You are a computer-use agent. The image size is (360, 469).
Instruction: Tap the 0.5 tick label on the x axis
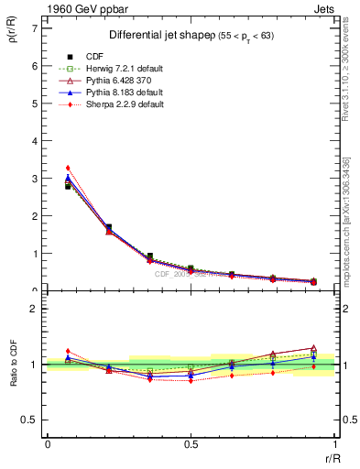click(191, 444)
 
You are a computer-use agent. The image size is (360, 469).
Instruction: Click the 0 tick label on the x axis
click(47, 444)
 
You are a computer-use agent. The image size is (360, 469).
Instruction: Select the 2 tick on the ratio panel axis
click(34, 309)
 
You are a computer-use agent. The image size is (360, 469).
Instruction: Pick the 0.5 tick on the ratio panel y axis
click(29, 420)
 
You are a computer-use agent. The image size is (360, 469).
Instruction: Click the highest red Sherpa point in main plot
click(68, 168)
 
